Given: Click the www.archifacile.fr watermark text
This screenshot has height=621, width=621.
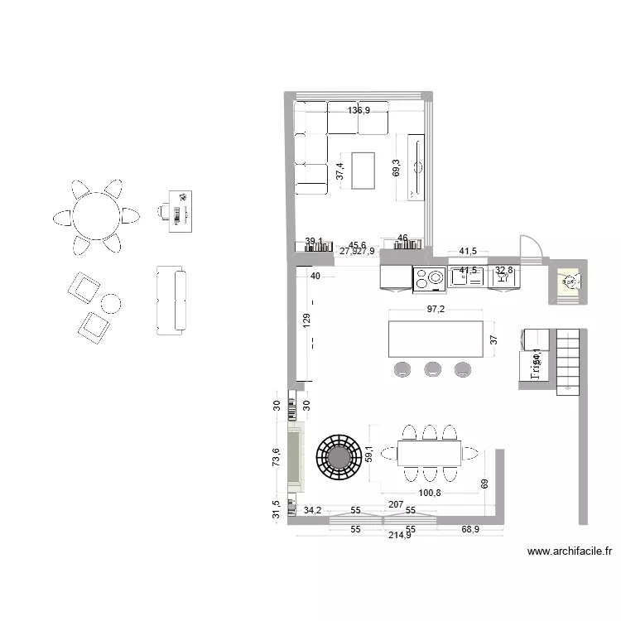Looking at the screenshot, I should [569, 551].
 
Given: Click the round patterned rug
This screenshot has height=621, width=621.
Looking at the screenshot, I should [339, 457].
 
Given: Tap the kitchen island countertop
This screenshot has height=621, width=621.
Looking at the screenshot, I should [436, 339].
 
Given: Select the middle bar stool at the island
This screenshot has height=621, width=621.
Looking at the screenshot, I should [432, 368].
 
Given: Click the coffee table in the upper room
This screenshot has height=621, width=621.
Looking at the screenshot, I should [364, 171].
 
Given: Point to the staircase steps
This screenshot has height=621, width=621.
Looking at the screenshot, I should [569, 357].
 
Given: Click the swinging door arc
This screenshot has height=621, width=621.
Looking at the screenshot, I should [531, 248].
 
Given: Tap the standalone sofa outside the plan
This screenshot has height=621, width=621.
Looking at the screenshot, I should [171, 301].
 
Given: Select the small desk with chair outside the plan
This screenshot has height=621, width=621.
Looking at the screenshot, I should [176, 207].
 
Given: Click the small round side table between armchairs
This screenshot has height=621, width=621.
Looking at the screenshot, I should [111, 302].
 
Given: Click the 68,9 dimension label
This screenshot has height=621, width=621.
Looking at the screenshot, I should [470, 528].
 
